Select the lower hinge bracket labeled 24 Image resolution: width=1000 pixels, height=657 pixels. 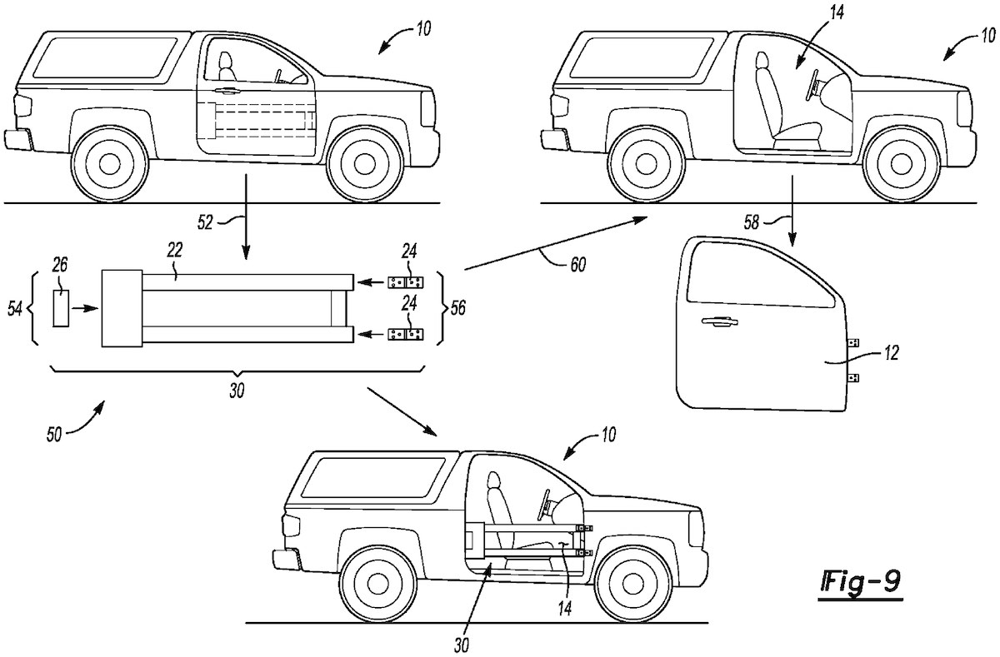407,335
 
